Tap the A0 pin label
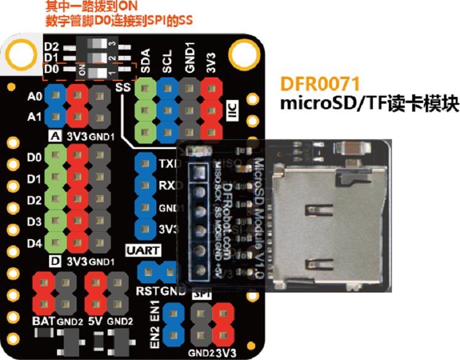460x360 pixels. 35,96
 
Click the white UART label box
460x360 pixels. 143,251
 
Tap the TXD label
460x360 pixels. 167,164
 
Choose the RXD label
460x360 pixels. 167,185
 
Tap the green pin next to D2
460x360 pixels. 55,201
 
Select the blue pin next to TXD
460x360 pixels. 145,164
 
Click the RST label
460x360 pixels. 147,290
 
